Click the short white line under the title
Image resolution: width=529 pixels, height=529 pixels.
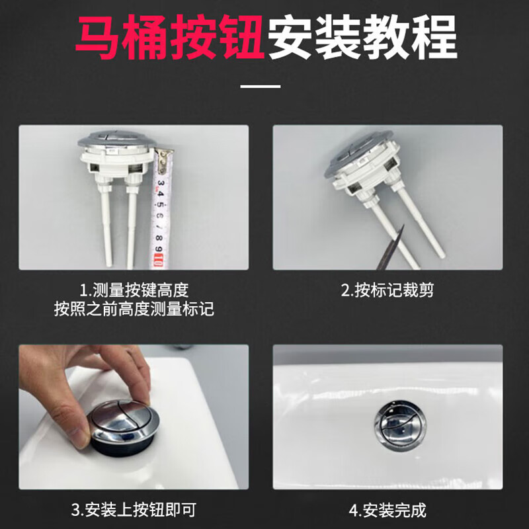coord(260,86)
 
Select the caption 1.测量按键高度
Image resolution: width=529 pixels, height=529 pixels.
coord(134,290)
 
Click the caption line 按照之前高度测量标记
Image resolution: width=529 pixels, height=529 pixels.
coord(134,309)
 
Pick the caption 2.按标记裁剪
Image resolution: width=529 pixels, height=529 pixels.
coord(387,290)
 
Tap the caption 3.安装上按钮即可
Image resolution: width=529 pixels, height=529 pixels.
coord(134,510)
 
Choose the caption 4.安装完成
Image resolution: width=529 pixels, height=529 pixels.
coord(387,510)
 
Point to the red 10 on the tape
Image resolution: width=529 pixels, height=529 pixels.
coord(159,259)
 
